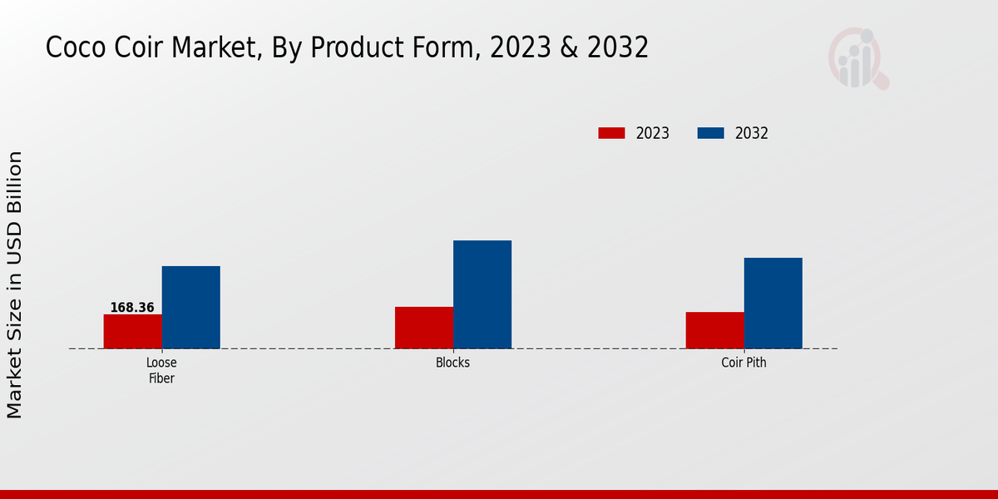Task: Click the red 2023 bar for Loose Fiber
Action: [132, 331]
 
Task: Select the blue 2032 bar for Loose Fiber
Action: [190, 307]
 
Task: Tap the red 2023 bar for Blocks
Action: [424, 328]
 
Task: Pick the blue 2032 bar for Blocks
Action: [482, 294]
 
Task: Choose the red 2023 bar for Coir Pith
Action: [714, 330]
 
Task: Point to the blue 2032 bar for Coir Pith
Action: [773, 303]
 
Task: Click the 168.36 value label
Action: [132, 308]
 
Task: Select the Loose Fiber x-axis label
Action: [161, 370]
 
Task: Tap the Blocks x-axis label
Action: [452, 363]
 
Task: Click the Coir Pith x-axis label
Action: [744, 363]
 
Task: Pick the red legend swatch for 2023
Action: [611, 133]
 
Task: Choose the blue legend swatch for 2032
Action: [710, 133]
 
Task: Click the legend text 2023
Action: [653, 133]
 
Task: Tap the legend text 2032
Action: [752, 133]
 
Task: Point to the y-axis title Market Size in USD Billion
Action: [16, 284]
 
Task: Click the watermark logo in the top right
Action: [857, 58]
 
